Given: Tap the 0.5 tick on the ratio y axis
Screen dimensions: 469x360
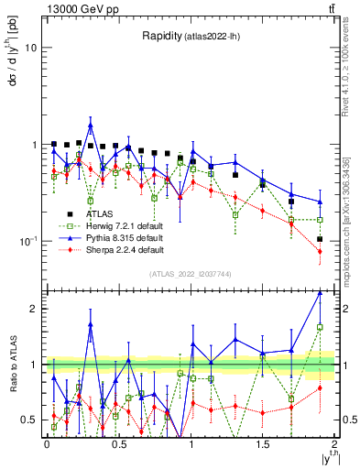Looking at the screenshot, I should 29,420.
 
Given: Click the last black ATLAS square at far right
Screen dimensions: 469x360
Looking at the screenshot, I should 320,239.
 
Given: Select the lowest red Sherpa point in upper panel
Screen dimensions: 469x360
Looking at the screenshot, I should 320,251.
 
